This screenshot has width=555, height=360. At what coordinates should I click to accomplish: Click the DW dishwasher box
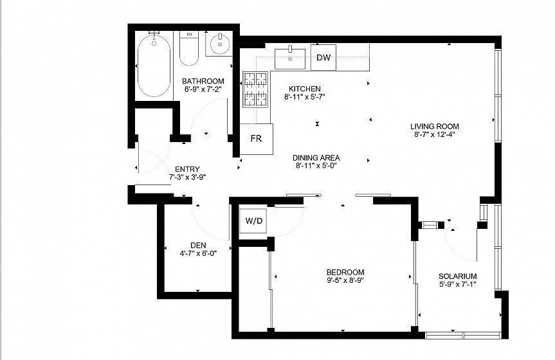pos(323,57)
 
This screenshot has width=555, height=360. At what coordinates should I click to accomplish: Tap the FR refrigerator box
pos(256,139)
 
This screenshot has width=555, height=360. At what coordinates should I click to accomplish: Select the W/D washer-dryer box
pos(253,221)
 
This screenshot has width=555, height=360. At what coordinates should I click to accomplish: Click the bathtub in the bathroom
pos(154,66)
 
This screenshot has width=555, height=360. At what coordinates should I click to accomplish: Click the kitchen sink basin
pos(290,59)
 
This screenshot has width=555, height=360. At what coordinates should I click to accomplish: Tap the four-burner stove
pos(255,89)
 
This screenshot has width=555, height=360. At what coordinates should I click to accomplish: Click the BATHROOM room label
pos(203,81)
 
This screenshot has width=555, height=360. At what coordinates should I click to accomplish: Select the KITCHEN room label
pos(305,89)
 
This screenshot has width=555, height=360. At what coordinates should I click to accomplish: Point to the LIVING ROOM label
pos(435,127)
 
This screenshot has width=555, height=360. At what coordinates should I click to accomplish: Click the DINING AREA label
pos(316,158)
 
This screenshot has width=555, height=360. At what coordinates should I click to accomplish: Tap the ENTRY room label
pos(187,169)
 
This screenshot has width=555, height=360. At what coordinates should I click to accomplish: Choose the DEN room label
pos(198,246)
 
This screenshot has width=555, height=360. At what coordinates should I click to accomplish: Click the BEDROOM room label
pos(345,272)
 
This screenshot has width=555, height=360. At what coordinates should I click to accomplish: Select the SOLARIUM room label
pos(458,276)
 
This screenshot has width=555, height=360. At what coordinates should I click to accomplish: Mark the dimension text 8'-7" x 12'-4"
pos(435,134)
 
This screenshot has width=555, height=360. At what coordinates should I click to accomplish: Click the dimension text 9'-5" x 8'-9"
pos(345,280)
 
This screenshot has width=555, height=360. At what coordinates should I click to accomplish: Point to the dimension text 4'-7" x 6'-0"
pos(198,253)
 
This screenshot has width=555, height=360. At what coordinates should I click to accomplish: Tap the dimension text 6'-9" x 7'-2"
pos(203,89)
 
